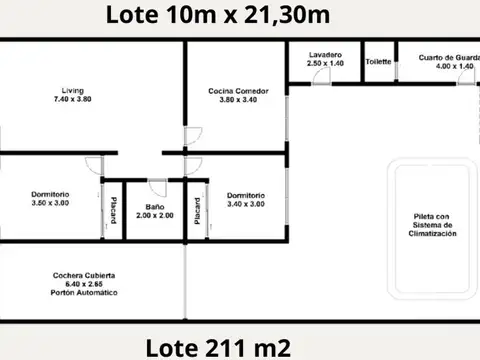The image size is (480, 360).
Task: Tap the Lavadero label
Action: coord(321,54)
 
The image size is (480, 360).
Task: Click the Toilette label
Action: coord(378,60)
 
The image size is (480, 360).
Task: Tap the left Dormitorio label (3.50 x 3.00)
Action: coord(50,194)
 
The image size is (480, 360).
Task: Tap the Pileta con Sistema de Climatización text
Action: coord(433,225)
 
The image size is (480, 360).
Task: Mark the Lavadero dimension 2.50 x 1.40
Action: coord(321,62)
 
